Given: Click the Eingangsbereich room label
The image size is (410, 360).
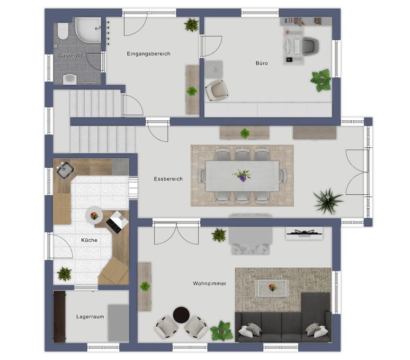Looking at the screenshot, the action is coord(148,54).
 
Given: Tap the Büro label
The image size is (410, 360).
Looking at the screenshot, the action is coord(262,63).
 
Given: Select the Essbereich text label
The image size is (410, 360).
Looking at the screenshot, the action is coord(168,179).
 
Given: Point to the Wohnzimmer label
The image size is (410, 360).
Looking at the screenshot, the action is coord(209,283).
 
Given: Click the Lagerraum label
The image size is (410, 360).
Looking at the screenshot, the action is coord(90,317).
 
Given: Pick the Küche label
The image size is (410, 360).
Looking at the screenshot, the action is coord(89,240).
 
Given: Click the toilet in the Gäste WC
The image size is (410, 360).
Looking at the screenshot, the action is coord(63,31).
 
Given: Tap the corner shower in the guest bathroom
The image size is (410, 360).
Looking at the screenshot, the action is coord(88,30).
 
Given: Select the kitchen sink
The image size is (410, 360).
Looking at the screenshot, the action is coord(64,170).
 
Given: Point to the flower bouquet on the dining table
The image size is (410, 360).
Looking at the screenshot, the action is coord(242,175).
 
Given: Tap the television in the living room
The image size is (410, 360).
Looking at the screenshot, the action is coord(304,233).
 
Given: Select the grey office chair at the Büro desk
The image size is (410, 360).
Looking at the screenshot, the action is coord(311,46).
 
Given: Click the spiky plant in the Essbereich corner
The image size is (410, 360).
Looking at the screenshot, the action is coord(328,201).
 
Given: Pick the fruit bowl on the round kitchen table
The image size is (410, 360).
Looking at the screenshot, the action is coord(94,216).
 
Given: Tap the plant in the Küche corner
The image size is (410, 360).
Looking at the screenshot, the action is coord(64,274).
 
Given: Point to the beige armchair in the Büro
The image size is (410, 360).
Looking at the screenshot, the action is coord(217,90).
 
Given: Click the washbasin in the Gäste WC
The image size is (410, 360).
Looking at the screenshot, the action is coord(70,79).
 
